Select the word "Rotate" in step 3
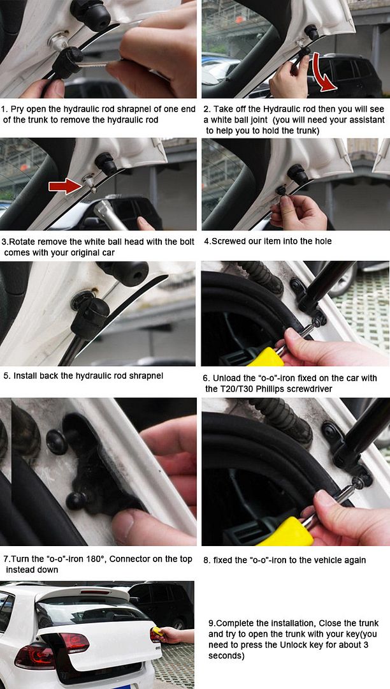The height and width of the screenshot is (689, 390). pyautogui.click(x=22, y=242)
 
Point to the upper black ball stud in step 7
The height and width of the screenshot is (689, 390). pyautogui.click(x=57, y=442)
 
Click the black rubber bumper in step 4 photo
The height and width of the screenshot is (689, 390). pyautogui.click(x=298, y=174)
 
